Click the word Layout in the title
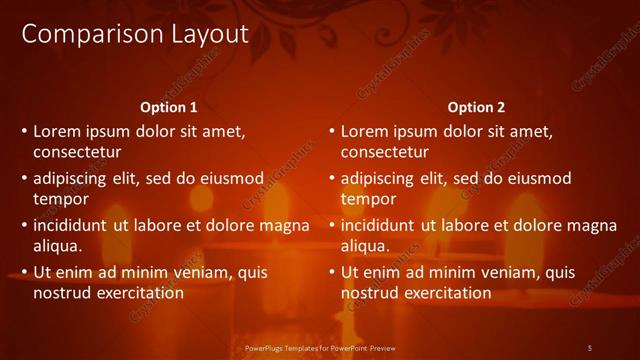(x=199, y=34)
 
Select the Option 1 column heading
(x=169, y=107)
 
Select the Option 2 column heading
(x=476, y=107)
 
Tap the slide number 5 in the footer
(x=589, y=347)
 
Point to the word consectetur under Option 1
(x=77, y=153)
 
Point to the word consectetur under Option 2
(x=384, y=153)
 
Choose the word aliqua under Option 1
(x=58, y=245)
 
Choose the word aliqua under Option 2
(x=365, y=245)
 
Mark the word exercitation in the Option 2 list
(x=445, y=293)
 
